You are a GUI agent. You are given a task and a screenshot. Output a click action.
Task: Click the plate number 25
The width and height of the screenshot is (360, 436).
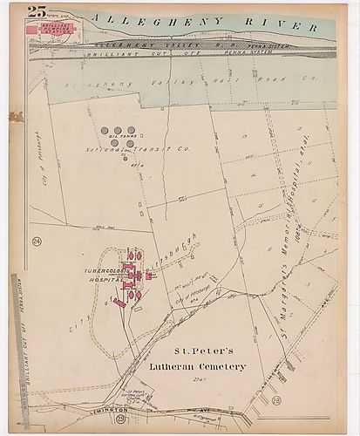tap(37, 11)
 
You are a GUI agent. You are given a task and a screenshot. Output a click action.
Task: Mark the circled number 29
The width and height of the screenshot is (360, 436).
tap(119, 420)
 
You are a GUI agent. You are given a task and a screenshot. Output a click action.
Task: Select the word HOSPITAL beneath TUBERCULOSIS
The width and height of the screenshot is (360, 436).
tap(104, 280)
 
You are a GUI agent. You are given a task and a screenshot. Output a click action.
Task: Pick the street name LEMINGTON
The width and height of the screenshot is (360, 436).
tap(81, 411)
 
